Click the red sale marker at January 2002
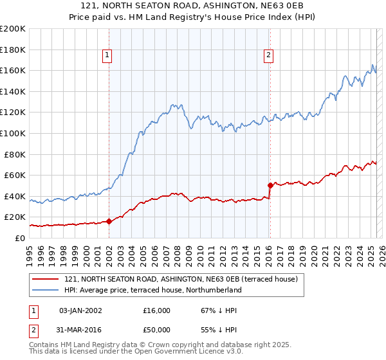coord(109,221)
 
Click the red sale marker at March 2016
coord(270,185)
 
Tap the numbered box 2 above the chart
coord(268,56)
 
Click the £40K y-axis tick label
coord(15,196)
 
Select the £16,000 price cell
coord(157,310)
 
